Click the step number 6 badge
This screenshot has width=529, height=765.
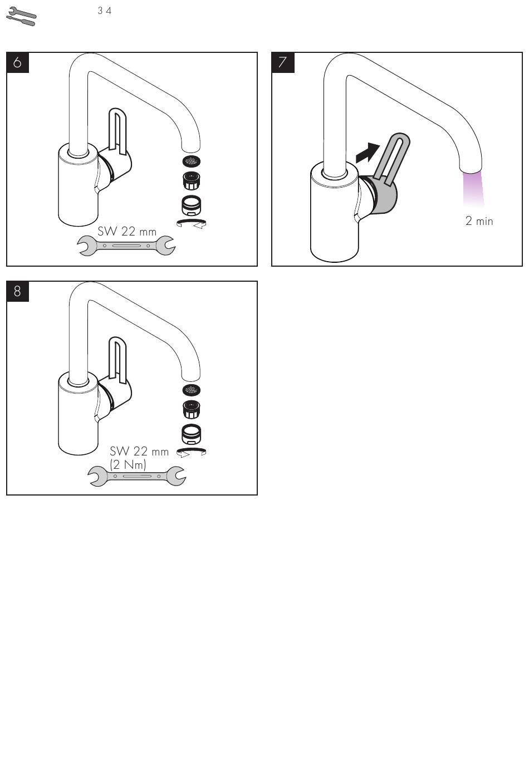pos(17,62)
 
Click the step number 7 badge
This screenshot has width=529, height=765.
pos(283,62)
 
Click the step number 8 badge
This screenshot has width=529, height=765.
pos(17,291)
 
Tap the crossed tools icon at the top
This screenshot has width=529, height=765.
pos(21,16)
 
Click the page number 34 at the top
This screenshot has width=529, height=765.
pos(104,11)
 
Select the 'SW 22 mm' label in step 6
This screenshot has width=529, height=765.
pos(127,231)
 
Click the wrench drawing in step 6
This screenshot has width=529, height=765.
pos(126,246)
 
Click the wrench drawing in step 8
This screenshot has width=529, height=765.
pos(136,476)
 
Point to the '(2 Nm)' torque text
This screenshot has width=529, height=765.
pos(128,464)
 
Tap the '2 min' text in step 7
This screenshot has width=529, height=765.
pos(479,221)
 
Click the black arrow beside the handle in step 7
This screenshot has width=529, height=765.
pos(368,153)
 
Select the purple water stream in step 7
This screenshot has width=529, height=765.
pos(473,189)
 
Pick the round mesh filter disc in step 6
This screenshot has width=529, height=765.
pos(191,161)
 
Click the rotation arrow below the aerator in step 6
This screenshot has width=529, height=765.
pos(191,223)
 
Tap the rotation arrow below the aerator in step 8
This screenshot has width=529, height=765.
pos(191,452)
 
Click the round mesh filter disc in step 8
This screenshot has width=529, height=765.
pos(191,389)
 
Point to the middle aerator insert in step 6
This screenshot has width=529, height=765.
pos(191,181)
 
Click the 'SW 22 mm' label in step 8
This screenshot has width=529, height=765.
pos(139,452)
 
